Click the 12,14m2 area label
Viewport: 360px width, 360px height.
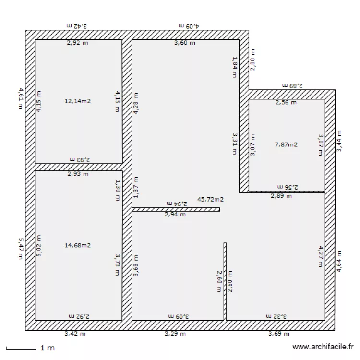[77, 101]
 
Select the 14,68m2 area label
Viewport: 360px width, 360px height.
[77, 245]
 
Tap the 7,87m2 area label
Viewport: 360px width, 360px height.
[286, 144]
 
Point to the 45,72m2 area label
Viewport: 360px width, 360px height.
[210, 199]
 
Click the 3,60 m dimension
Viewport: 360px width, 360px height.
[184, 43]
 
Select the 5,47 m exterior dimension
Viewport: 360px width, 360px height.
[21, 248]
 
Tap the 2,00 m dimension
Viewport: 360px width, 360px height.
[253, 60]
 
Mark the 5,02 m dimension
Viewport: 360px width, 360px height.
[39, 245]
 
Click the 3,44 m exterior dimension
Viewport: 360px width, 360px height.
[339, 141]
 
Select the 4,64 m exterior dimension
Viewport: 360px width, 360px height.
[339, 262]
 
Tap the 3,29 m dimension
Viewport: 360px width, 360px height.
[175, 334]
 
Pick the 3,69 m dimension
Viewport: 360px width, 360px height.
[279, 334]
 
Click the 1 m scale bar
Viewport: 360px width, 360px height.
[21, 348]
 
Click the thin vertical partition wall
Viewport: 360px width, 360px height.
[225, 281]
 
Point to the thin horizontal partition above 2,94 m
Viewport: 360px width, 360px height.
[176, 209]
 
